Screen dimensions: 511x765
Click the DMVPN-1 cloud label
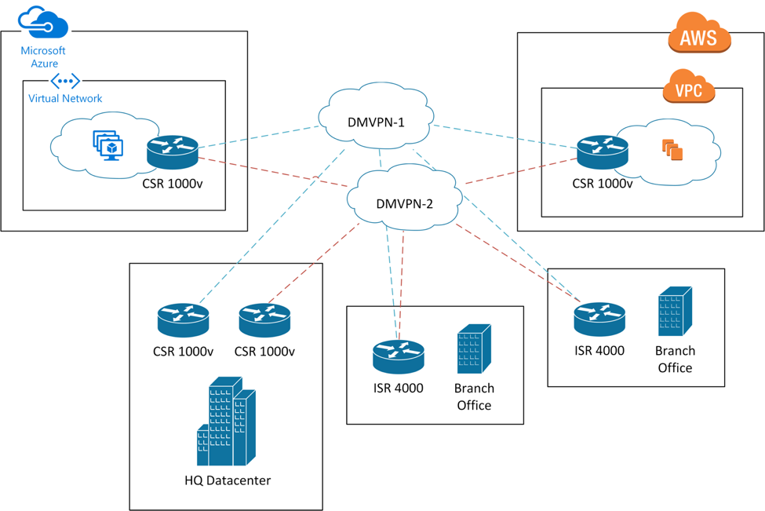tap(376, 122)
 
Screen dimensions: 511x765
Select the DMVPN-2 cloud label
tap(404, 203)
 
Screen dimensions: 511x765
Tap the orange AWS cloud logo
tap(699, 35)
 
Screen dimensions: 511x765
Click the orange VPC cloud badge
tap(689, 88)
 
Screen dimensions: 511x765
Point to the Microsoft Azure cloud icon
tap(43, 24)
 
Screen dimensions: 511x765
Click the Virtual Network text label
tap(65, 98)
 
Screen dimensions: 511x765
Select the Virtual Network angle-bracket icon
tap(65, 81)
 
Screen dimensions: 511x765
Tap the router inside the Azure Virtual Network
tap(173, 152)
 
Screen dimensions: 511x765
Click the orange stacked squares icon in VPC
tap(672, 149)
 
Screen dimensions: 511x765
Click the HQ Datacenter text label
tap(228, 480)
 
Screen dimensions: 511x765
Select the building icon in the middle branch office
tap(474, 349)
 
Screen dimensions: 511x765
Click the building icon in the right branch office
tap(675, 312)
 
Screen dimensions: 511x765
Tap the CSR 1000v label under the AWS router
tap(603, 184)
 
